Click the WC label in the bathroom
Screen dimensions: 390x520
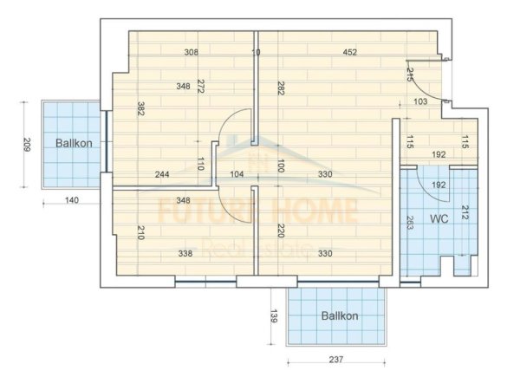click(x=439, y=218)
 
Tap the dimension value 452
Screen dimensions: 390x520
click(x=349, y=52)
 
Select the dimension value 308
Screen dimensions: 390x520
click(x=192, y=52)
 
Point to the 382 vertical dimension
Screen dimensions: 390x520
click(x=139, y=109)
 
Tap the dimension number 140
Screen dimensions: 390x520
click(x=71, y=201)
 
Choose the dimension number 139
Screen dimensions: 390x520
click(x=274, y=316)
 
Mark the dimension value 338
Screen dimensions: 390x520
click(x=185, y=254)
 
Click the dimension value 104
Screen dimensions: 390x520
click(x=237, y=174)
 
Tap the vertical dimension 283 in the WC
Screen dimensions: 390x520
click(x=408, y=222)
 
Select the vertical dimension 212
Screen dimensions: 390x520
click(x=465, y=212)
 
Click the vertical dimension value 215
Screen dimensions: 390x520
click(x=410, y=75)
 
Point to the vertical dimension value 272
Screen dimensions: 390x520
click(x=200, y=86)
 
